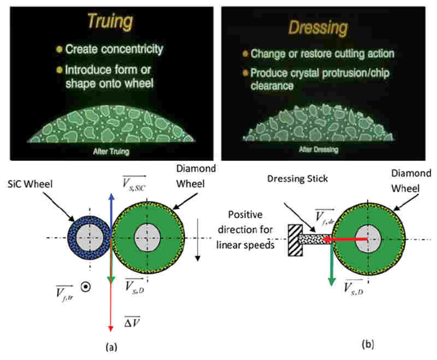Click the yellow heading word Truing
click(x=110, y=21)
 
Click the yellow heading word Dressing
click(x=318, y=28)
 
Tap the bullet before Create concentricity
click(x=59, y=49)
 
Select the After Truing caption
click(x=111, y=151)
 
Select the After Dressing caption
click(x=318, y=149)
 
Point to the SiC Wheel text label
click(x=30, y=184)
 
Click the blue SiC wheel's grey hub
click(x=90, y=238)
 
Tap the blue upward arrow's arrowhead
click(x=111, y=197)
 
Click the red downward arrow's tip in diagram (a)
click(x=111, y=331)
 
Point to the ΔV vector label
click(x=132, y=322)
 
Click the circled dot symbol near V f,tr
click(x=86, y=287)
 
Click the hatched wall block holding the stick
click(x=295, y=240)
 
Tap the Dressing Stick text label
click(x=297, y=179)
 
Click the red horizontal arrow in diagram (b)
click(x=345, y=239)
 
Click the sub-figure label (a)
click(x=111, y=347)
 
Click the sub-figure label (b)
click(x=368, y=344)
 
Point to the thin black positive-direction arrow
click(x=198, y=240)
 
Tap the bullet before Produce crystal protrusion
click(x=245, y=73)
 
